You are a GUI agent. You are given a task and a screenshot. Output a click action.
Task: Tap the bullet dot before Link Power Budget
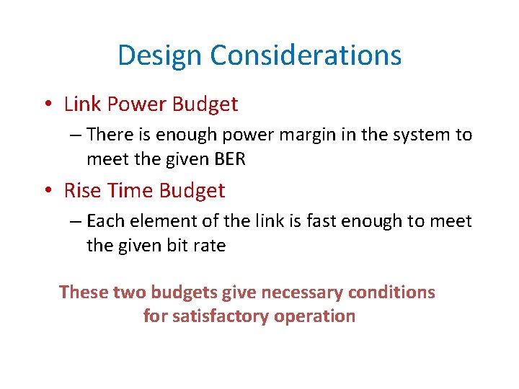click(x=47, y=105)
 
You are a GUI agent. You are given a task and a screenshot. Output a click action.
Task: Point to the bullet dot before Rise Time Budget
click(x=47, y=192)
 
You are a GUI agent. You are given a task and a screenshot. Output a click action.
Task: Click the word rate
click(x=209, y=246)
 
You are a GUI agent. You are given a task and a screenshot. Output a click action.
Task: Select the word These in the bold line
click(x=84, y=292)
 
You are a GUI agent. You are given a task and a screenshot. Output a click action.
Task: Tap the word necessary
click(x=306, y=292)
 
